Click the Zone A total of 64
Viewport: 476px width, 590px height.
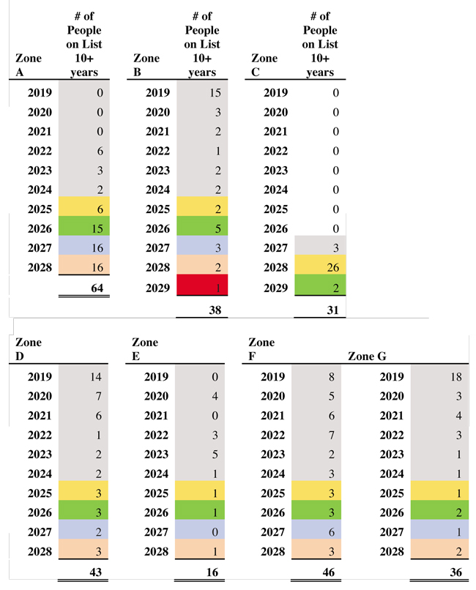[x=96, y=288]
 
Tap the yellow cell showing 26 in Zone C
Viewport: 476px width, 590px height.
[x=320, y=267]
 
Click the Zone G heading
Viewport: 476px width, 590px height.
[x=368, y=356]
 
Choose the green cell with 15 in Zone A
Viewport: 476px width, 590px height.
[x=83, y=228]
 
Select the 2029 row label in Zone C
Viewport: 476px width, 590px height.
[x=275, y=287]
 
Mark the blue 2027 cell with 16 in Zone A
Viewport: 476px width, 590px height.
[x=83, y=248]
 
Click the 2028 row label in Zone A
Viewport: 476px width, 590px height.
[x=40, y=267]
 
